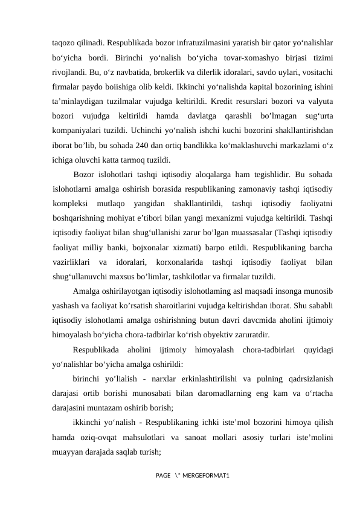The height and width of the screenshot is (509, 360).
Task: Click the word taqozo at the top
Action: [64, 44]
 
